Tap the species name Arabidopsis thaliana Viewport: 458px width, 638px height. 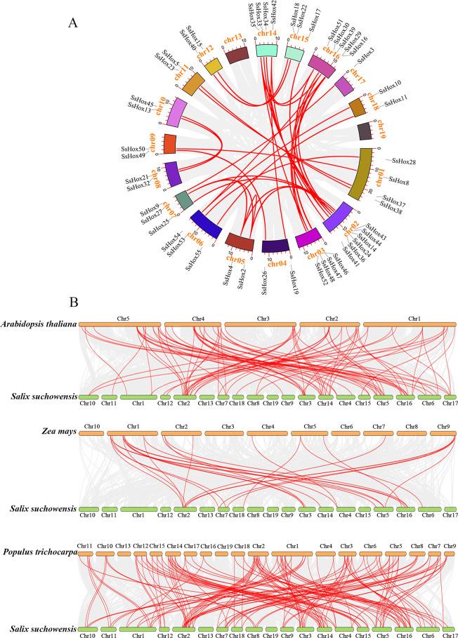pos(39,324)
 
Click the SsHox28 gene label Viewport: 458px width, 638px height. pos(403,162)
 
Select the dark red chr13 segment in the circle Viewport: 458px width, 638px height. pos(235,55)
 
